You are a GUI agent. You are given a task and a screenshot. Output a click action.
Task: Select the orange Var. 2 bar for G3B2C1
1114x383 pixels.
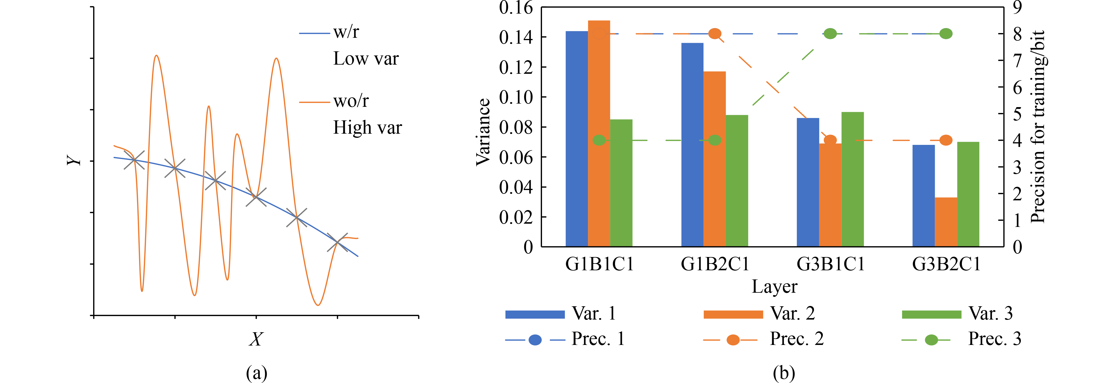pyautogui.click(x=946, y=222)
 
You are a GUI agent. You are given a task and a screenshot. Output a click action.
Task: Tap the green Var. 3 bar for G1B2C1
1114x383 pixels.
pyautogui.click(x=737, y=181)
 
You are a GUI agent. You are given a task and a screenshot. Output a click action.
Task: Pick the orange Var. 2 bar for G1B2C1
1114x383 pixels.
pyautogui.click(x=714, y=159)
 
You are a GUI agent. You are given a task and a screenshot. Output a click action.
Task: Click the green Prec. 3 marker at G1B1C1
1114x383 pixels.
pyautogui.click(x=599, y=140)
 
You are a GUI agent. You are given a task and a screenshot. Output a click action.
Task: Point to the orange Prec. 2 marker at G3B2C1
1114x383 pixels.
pyautogui.click(x=946, y=140)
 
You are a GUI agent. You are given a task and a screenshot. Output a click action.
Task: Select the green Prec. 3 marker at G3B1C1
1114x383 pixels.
pyautogui.click(x=830, y=34)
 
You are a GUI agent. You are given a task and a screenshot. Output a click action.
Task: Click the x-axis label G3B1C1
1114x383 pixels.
pyautogui.click(x=830, y=264)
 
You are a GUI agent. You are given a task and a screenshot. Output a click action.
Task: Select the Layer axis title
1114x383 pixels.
pyautogui.click(x=774, y=287)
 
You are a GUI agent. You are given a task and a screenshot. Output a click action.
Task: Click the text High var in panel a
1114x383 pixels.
pyautogui.click(x=367, y=128)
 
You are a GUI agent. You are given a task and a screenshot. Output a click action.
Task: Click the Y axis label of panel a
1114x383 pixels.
pyautogui.click(x=74, y=161)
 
